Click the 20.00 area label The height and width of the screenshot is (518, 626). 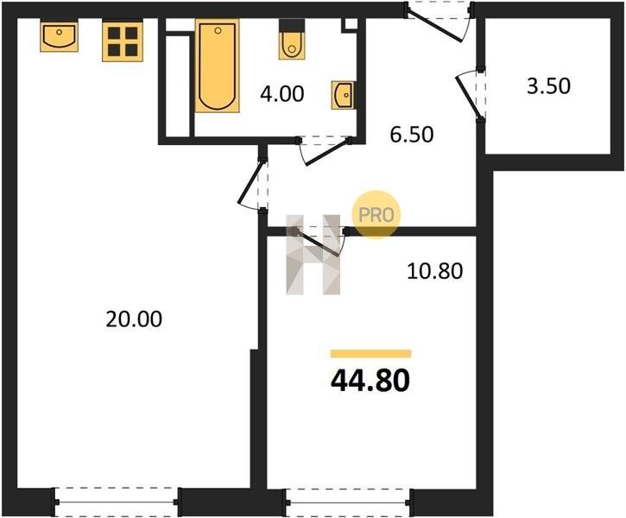tap(134, 319)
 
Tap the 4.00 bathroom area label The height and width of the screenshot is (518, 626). tap(281, 94)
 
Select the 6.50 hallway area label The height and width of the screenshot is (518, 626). tap(412, 135)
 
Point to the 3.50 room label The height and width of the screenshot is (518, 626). tap(548, 86)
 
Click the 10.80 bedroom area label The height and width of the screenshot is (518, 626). tap(435, 271)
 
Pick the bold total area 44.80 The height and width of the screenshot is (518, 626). tap(370, 381)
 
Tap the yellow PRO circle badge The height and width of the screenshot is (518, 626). tap(376, 215)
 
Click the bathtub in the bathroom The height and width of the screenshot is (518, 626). tap(218, 66)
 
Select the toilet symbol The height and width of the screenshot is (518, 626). tap(292, 40)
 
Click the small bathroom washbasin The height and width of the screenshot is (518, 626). tap(343, 95)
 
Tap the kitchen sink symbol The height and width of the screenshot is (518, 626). tap(59, 37)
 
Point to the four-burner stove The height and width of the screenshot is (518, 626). tap(123, 41)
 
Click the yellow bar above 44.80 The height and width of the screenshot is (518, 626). tap(371, 354)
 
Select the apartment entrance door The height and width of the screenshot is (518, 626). tap(439, 22)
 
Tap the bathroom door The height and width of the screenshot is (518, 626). tap(324, 150)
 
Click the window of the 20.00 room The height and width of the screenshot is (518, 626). tap(117, 502)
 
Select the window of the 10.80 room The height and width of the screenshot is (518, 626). tap(348, 502)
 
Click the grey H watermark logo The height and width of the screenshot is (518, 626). tap(313, 255)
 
